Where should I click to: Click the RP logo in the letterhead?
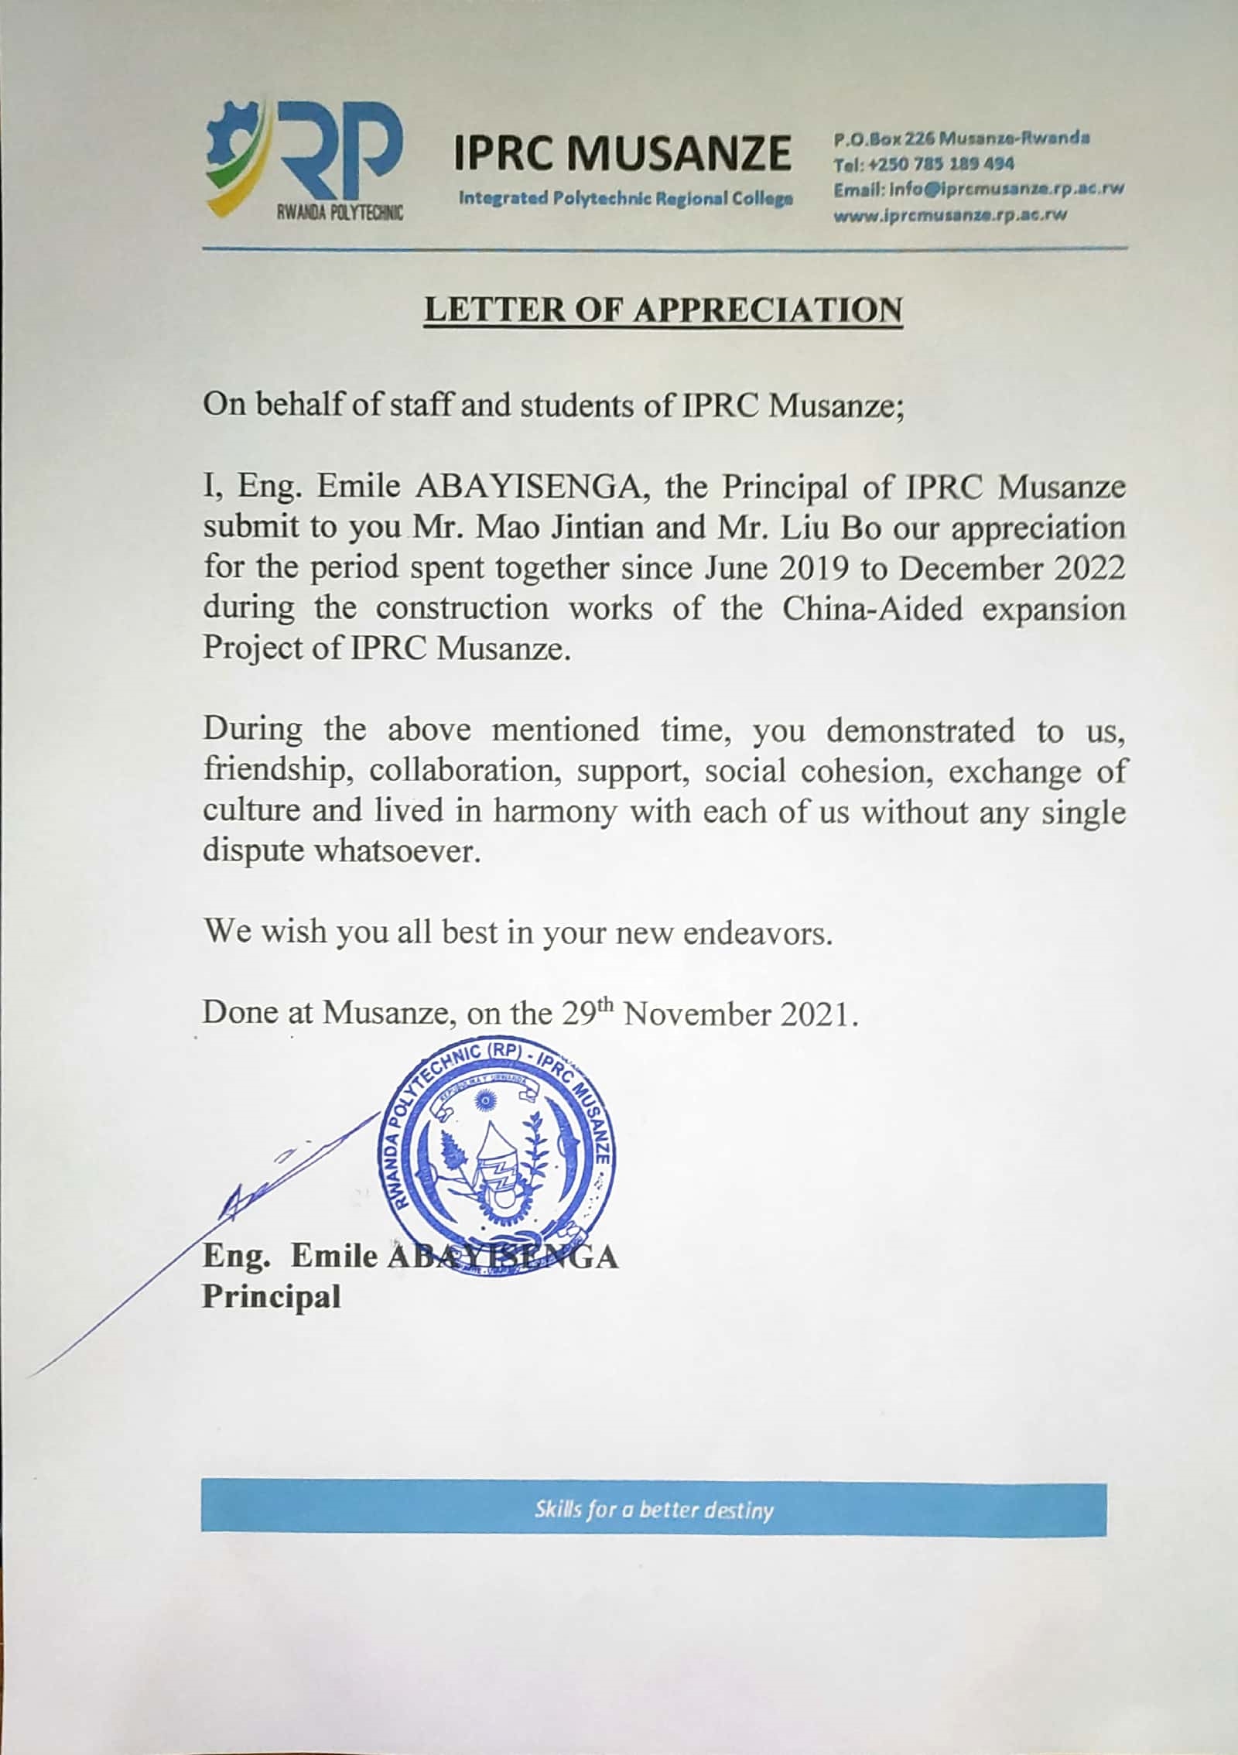click(x=306, y=159)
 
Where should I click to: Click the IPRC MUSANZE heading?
click(x=622, y=152)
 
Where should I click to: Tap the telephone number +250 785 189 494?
click(x=923, y=163)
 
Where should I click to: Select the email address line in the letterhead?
click(x=978, y=189)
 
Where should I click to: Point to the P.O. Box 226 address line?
click(x=962, y=139)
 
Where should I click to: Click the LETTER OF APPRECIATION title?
click(x=663, y=310)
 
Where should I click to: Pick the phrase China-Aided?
click(x=872, y=608)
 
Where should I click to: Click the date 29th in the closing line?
click(x=588, y=1012)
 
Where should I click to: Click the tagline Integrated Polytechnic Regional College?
click(x=625, y=198)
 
